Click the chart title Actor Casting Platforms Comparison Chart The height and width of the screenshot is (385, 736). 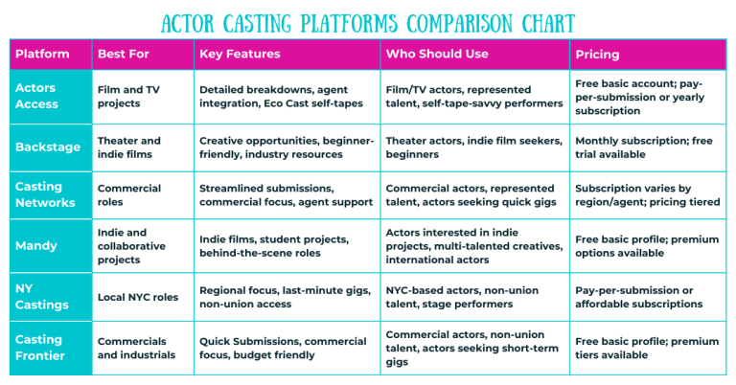tap(368, 21)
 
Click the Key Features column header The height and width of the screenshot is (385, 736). tap(241, 55)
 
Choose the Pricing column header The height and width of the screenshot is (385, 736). tap(597, 55)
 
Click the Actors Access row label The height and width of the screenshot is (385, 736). tap(36, 96)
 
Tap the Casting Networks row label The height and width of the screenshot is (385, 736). tap(45, 194)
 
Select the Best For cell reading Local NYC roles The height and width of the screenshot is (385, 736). tap(138, 297)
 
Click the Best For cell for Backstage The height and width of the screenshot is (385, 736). tap(129, 147)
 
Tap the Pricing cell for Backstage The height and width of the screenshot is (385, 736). tap(644, 147)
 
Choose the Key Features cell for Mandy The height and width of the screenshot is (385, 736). tap(274, 246)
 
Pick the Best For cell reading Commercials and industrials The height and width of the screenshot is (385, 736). tap(136, 348)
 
